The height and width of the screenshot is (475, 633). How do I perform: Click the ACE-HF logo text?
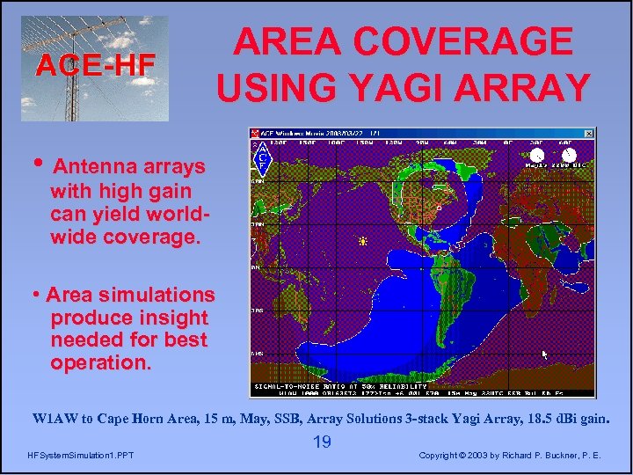pyautogui.click(x=96, y=64)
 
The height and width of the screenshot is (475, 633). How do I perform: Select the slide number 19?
pyautogui.click(x=322, y=442)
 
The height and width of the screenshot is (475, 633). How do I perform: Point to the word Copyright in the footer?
pyautogui.click(x=452, y=456)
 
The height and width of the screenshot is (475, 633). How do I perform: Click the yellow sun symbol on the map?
pyautogui.click(x=361, y=240)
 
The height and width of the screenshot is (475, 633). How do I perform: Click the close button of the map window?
pyautogui.click(x=590, y=132)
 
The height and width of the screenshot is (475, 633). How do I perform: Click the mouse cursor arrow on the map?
pyautogui.click(x=545, y=354)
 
